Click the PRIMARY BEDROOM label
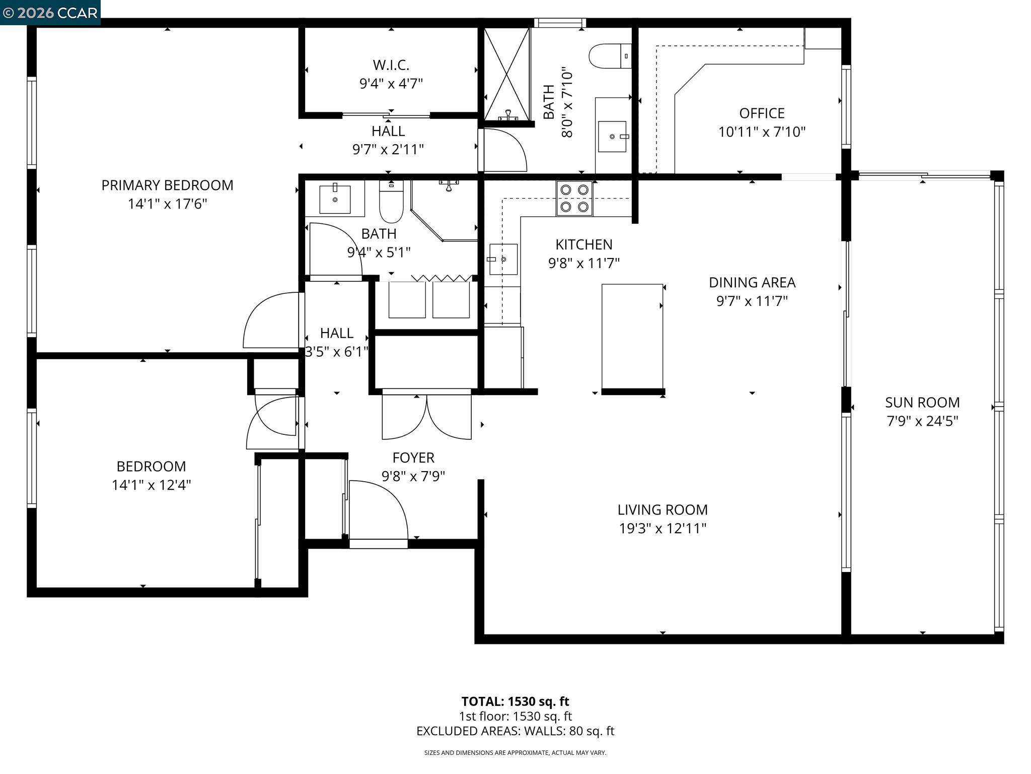click(167, 185)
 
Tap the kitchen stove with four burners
click(574, 198)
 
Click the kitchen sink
click(503, 259)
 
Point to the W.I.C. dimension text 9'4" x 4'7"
click(391, 84)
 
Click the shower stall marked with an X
click(506, 74)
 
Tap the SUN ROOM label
click(922, 403)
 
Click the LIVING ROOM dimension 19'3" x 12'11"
click(662, 529)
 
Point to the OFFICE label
click(762, 113)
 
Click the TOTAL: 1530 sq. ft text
click(515, 701)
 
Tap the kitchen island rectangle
click(632, 336)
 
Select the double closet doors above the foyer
click(426, 416)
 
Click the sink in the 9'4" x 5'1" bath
click(335, 199)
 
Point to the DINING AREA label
click(752, 283)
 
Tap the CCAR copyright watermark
click(50, 13)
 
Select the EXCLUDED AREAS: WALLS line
click(515, 731)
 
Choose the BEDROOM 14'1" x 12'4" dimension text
click(151, 485)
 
